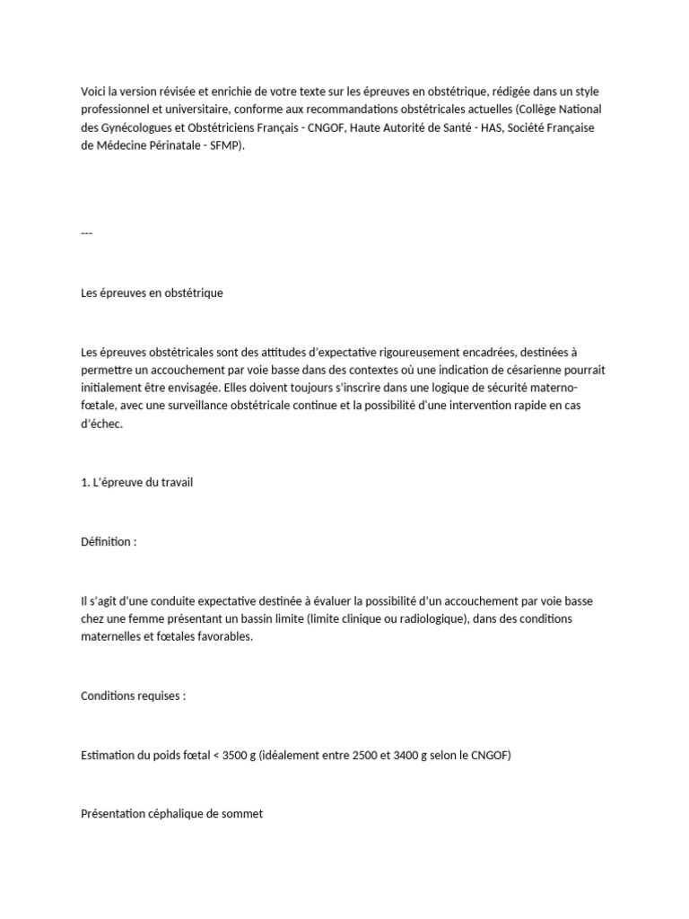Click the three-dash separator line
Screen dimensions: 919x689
(x=86, y=233)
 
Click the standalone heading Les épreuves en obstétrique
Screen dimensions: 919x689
(x=152, y=293)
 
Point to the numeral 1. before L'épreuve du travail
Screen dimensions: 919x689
(x=85, y=483)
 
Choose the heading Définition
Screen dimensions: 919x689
(x=108, y=542)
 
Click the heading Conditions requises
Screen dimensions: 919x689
(x=133, y=696)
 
